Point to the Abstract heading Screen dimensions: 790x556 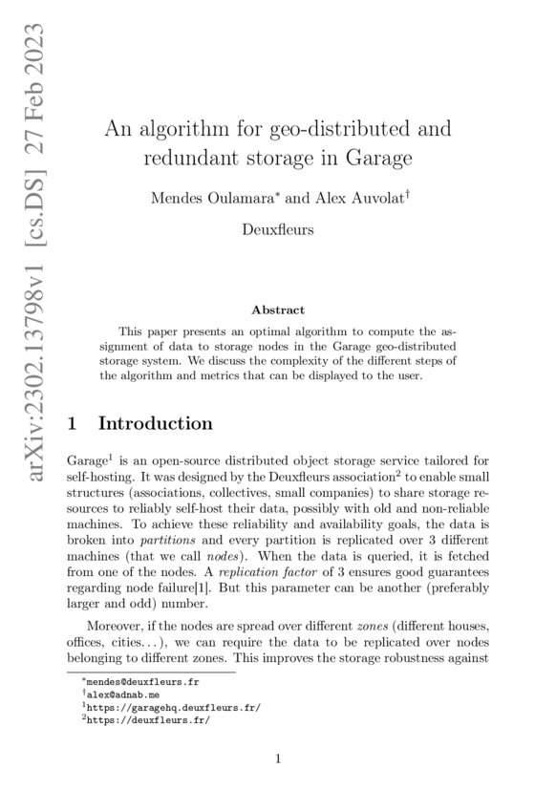[x=277, y=310]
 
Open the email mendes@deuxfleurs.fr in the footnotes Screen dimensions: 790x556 [x=132, y=683]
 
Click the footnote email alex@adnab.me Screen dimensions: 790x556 [x=115, y=696]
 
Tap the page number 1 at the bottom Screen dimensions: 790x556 [x=277, y=760]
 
